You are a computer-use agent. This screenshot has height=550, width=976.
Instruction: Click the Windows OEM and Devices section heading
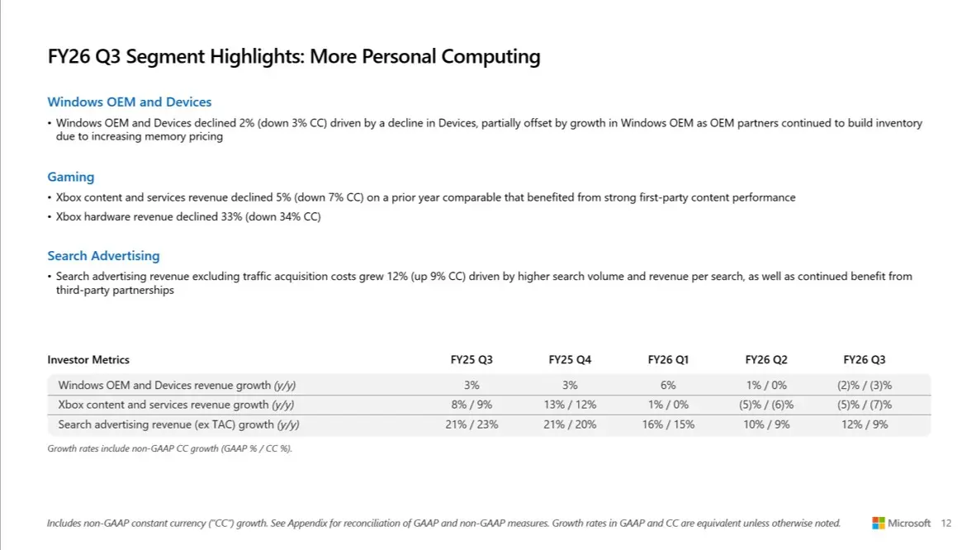129,102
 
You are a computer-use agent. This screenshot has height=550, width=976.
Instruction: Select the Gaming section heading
70,177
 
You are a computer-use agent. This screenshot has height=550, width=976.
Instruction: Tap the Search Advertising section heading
103,256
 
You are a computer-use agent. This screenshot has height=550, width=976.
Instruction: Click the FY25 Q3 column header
471,360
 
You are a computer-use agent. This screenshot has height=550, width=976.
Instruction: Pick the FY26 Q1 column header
668,360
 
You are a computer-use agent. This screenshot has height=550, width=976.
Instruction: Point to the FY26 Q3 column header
864,360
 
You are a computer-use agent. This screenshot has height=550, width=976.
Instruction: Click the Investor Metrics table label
88,360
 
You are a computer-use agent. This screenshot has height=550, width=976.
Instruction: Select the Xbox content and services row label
176,405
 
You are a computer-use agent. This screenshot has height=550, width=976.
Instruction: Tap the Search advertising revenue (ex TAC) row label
178,424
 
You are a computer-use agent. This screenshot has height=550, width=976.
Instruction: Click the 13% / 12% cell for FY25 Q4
570,405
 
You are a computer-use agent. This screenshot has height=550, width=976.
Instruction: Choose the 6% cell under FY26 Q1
668,385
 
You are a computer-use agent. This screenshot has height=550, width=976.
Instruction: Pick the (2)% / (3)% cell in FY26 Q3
864,385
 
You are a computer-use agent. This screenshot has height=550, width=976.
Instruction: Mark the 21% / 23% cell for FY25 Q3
471,424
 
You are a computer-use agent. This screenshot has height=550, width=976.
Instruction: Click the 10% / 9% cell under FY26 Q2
766,424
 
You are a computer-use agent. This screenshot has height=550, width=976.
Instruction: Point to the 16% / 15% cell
668,424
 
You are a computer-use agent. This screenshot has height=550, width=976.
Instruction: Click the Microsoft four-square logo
879,524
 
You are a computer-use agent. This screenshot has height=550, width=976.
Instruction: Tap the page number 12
946,524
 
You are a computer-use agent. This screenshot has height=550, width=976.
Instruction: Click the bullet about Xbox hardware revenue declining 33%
188,217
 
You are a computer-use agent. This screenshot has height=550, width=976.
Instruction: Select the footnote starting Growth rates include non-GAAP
169,448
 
